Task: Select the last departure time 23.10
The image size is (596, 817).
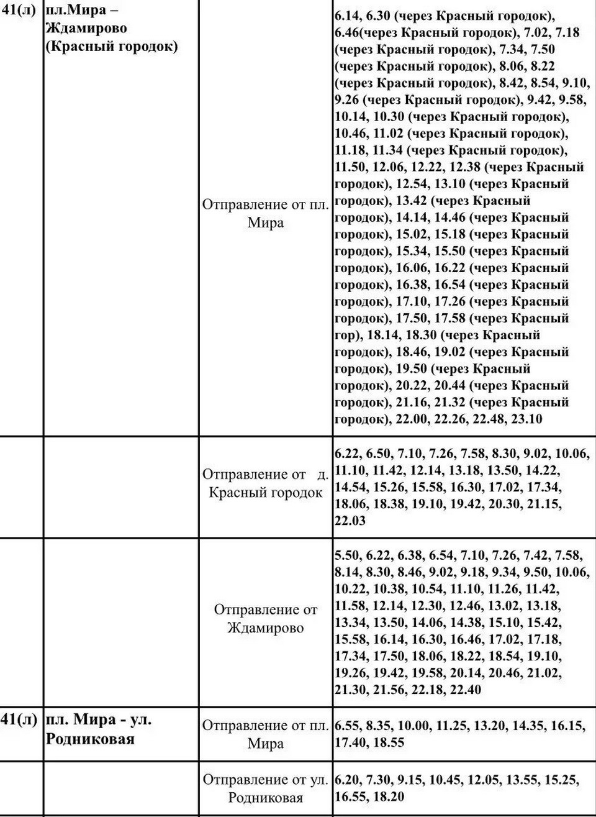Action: point(527,419)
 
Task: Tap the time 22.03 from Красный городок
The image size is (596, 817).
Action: point(350,521)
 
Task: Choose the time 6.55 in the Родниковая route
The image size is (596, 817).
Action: point(348,725)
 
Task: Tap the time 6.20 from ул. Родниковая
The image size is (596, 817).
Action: point(348,780)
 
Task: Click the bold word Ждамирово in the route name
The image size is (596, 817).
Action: point(86,29)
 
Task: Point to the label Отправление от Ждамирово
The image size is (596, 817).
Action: point(266,618)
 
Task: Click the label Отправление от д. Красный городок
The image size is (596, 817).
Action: point(266,483)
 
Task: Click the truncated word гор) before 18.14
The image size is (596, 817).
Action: point(348,335)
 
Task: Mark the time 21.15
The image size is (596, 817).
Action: point(546,504)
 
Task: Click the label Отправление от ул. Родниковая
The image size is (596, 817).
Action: point(266,788)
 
